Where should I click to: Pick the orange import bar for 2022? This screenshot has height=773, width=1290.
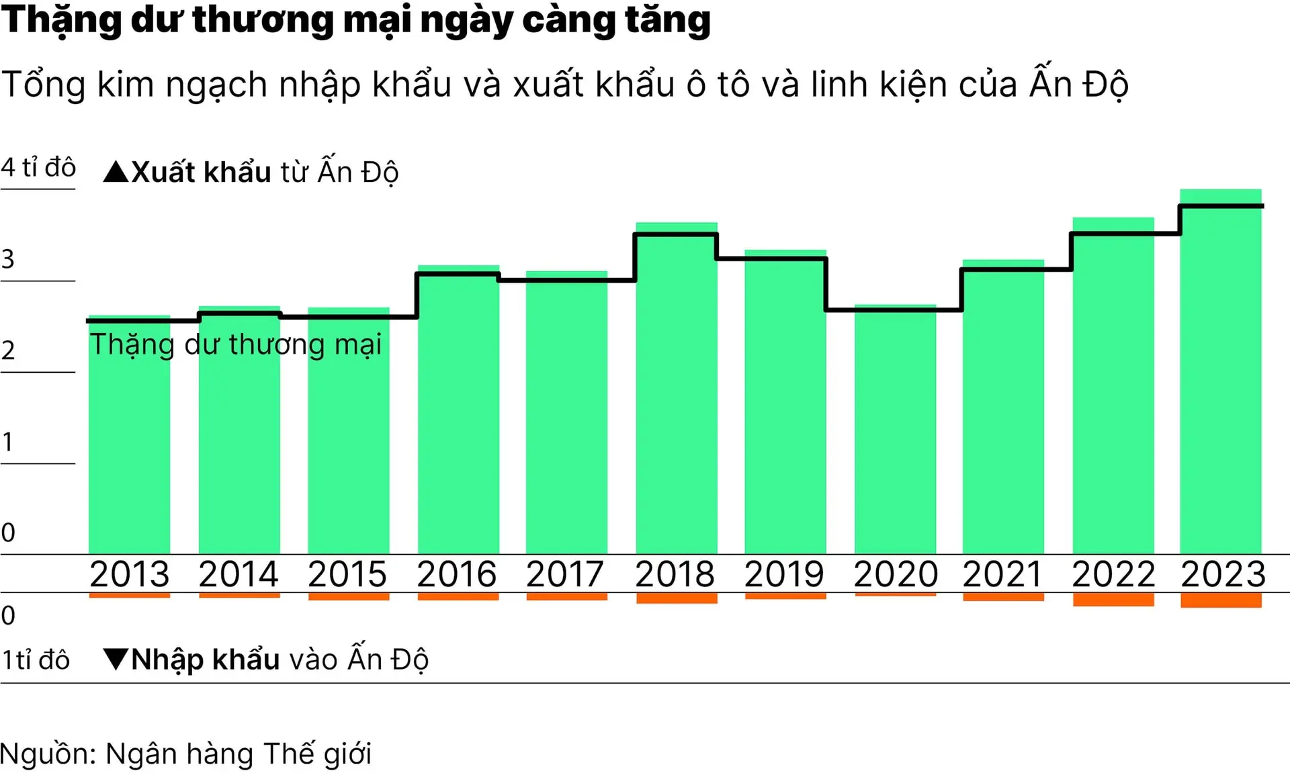click(x=1113, y=599)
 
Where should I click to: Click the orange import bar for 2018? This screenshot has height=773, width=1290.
click(x=677, y=598)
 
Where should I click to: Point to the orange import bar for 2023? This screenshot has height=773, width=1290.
click(x=1221, y=600)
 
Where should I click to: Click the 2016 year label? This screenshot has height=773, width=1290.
click(x=457, y=574)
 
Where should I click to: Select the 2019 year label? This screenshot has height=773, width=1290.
click(x=784, y=574)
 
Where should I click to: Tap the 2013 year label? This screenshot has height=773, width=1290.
click(x=130, y=574)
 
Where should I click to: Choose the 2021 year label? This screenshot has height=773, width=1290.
click(x=1002, y=574)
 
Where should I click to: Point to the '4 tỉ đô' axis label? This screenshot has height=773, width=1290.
click(x=38, y=167)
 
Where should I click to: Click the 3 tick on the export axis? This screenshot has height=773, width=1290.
click(x=8, y=259)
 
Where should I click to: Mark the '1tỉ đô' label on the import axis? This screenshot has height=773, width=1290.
click(x=36, y=660)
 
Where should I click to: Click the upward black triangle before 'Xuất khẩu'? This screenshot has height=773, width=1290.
click(x=116, y=172)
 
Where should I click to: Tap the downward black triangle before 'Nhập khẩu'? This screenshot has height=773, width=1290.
click(x=116, y=659)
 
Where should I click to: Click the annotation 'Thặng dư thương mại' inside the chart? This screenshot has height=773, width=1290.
click(x=236, y=345)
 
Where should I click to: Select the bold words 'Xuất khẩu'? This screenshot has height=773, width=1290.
click(x=201, y=172)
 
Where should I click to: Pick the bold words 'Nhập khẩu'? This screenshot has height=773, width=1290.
click(x=206, y=660)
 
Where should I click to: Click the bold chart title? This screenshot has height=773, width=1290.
click(x=356, y=20)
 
